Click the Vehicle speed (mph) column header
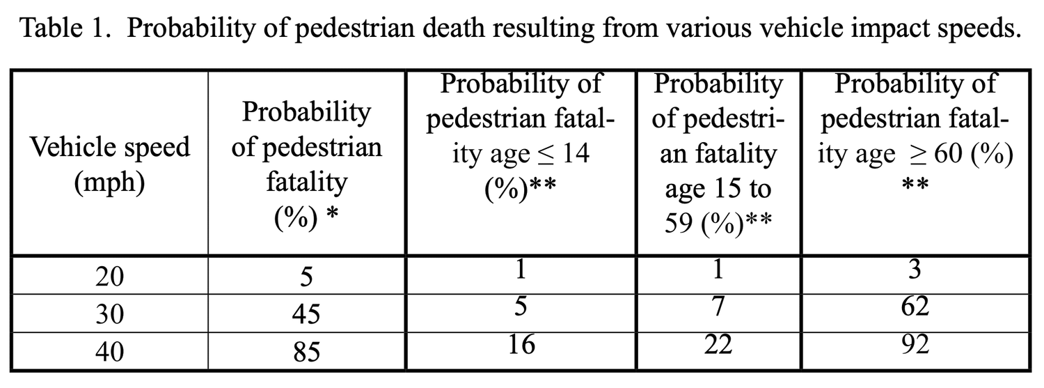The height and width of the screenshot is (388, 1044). pos(110,164)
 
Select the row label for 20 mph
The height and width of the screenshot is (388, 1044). pos(110,277)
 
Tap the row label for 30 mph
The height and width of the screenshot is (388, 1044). pos(110,314)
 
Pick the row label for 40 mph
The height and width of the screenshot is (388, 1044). pos(110,351)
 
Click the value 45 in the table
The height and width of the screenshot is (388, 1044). pos(306,314)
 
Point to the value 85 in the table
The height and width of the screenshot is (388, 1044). pos(306,352)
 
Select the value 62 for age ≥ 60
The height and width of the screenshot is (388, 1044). pos(915,306)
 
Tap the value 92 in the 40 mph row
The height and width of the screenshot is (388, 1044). pos(915,345)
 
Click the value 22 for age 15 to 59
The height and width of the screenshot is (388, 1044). pos(718,345)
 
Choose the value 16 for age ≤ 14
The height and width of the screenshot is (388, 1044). pos(521,345)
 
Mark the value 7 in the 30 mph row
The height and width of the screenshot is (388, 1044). pos(718,306)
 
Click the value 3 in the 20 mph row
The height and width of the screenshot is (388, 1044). pos(915,269)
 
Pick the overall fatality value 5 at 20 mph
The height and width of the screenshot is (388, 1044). pos(306,277)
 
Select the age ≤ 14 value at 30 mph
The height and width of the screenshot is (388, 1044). pos(521,306)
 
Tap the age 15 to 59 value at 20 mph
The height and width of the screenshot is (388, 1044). pos(718,269)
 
